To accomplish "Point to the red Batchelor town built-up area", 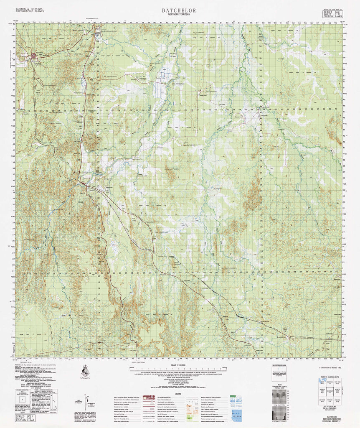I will pos(33,55).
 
